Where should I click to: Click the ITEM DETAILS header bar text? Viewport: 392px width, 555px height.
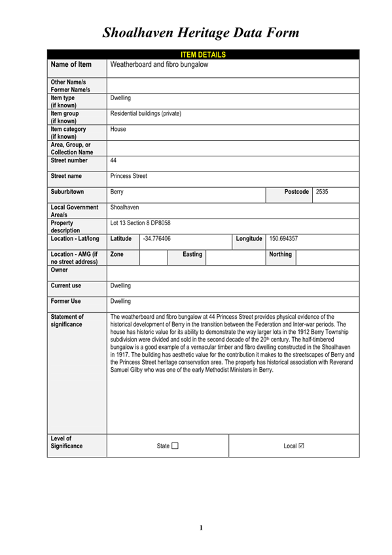pos(203,54)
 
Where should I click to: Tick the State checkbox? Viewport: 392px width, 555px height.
pos(175,446)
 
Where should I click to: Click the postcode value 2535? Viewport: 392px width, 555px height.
pos(322,192)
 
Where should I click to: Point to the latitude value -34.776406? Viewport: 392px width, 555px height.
pos(156,239)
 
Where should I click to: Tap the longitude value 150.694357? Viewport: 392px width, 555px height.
pos(283,239)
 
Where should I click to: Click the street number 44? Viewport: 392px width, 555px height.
pos(114,160)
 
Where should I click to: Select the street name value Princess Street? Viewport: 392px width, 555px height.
pos(129,176)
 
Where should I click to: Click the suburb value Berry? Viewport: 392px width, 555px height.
pos(117,192)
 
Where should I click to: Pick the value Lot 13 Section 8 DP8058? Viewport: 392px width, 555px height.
pos(141,223)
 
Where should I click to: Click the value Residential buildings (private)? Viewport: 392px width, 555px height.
pos(146,114)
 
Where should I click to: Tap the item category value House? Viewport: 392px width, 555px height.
pos(118,130)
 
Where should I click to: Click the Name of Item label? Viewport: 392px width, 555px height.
pos(71,65)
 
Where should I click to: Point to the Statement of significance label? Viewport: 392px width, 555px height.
pos(67,320)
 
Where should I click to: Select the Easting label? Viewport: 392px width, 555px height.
pos(192,254)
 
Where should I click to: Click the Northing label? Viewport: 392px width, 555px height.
pos(281,254)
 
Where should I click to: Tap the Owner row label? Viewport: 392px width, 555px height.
pos(60,270)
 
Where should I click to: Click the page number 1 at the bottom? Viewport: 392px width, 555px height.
pos(202,528)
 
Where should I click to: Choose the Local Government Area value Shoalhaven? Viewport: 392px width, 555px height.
pos(124,207)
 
